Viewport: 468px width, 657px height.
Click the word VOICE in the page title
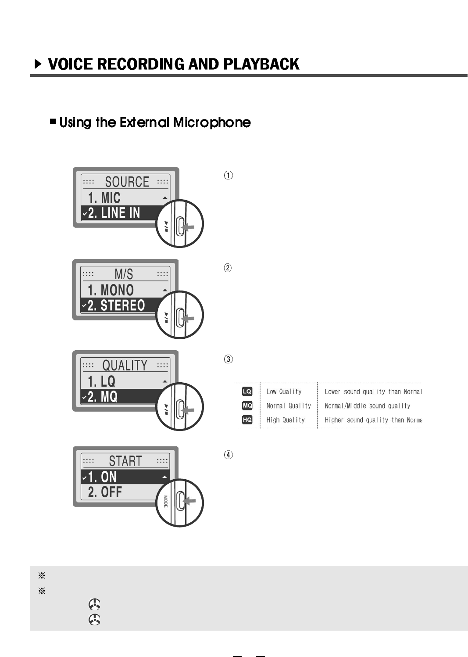point(70,64)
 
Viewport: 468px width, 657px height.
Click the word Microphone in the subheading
point(212,122)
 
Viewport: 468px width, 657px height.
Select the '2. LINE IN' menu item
point(114,213)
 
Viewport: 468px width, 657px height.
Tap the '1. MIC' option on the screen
point(104,197)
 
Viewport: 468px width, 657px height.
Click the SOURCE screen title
point(127,182)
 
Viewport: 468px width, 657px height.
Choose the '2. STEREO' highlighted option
point(116,305)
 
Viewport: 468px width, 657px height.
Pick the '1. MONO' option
point(111,290)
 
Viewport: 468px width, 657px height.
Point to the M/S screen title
point(124,274)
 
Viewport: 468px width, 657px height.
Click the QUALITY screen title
point(125,365)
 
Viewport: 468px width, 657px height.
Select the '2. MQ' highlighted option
point(103,397)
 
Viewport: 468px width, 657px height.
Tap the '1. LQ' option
point(101,381)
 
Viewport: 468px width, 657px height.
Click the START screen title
point(125,461)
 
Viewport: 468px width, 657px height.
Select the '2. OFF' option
point(105,492)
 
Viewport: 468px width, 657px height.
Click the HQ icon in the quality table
point(247,420)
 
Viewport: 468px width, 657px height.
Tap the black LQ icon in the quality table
point(247,391)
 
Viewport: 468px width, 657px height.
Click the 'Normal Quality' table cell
point(289,406)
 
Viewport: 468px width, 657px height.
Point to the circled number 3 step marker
point(228,359)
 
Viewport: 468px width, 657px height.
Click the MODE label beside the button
point(166,502)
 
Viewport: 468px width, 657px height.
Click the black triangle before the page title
point(39,65)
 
